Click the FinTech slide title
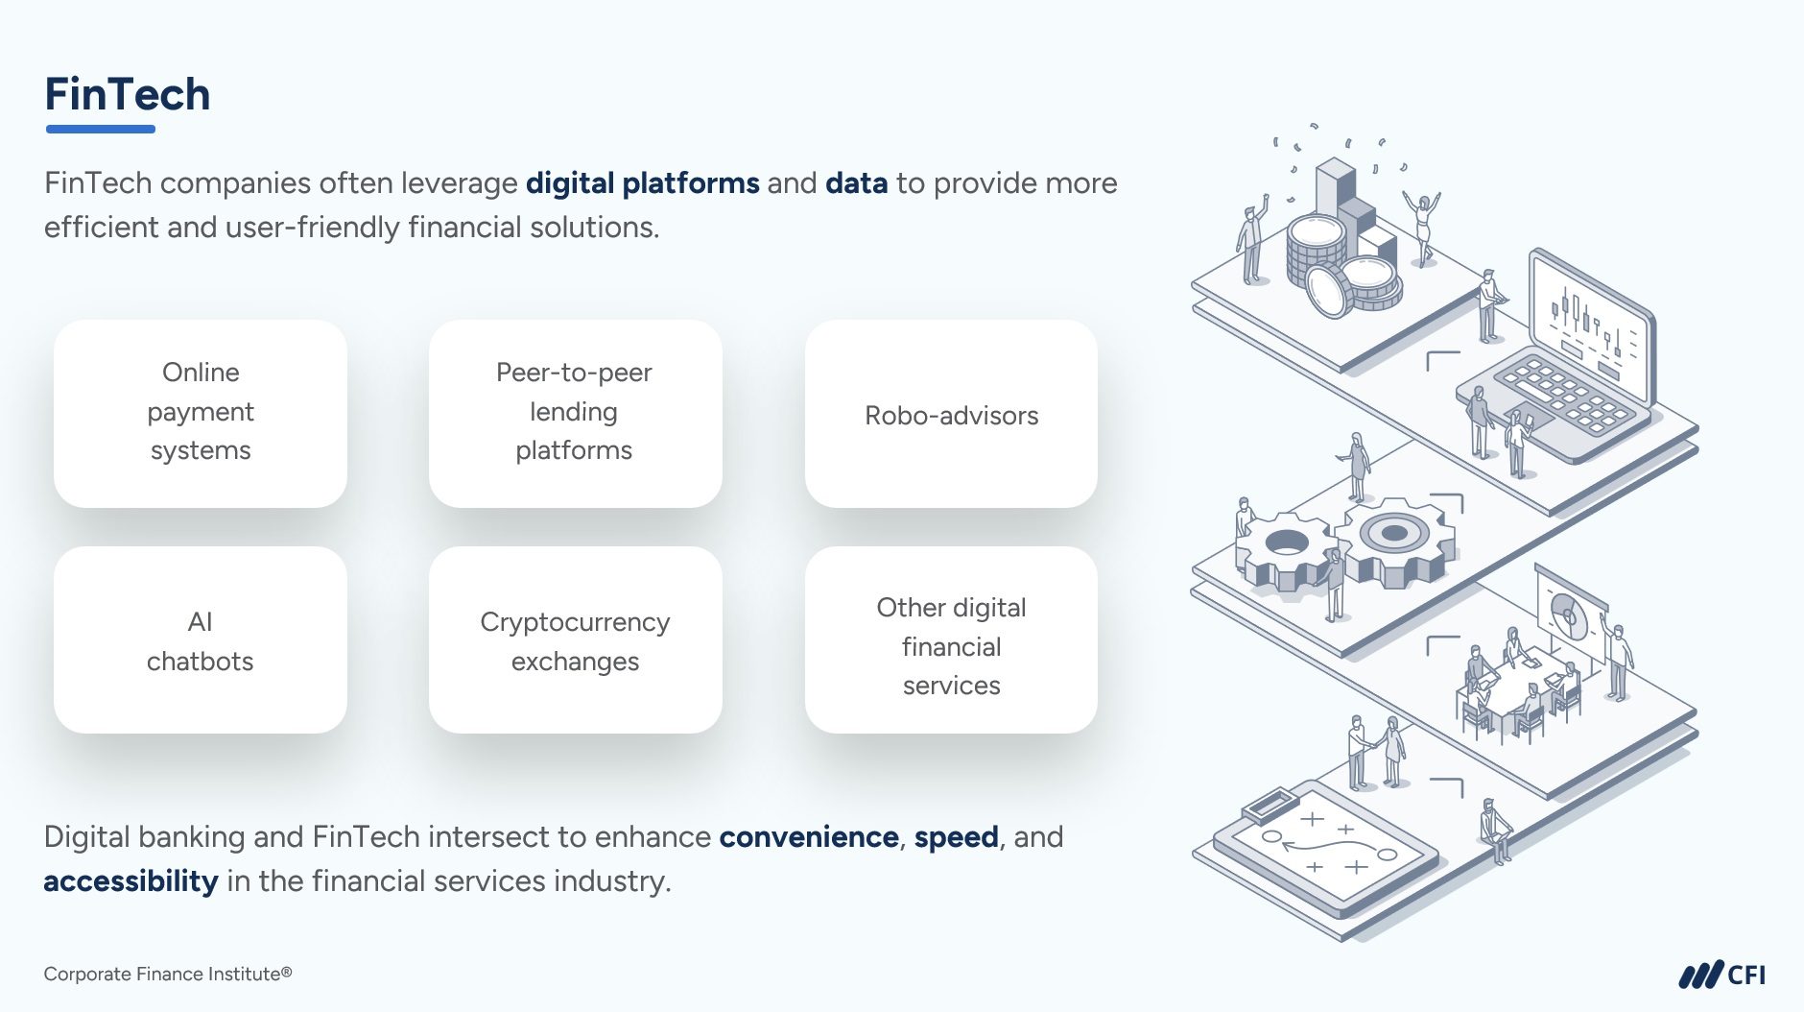coord(128,94)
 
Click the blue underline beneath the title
coord(100,129)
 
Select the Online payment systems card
coord(201,413)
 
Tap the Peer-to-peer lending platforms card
coord(575,413)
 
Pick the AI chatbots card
coord(201,640)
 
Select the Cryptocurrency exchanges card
coord(575,640)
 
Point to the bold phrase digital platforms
coord(642,182)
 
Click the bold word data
coord(856,182)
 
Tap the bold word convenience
coord(808,836)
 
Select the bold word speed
coord(956,836)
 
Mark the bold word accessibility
coord(131,880)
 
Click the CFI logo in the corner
coord(1721,976)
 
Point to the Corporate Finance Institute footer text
coord(167,974)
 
